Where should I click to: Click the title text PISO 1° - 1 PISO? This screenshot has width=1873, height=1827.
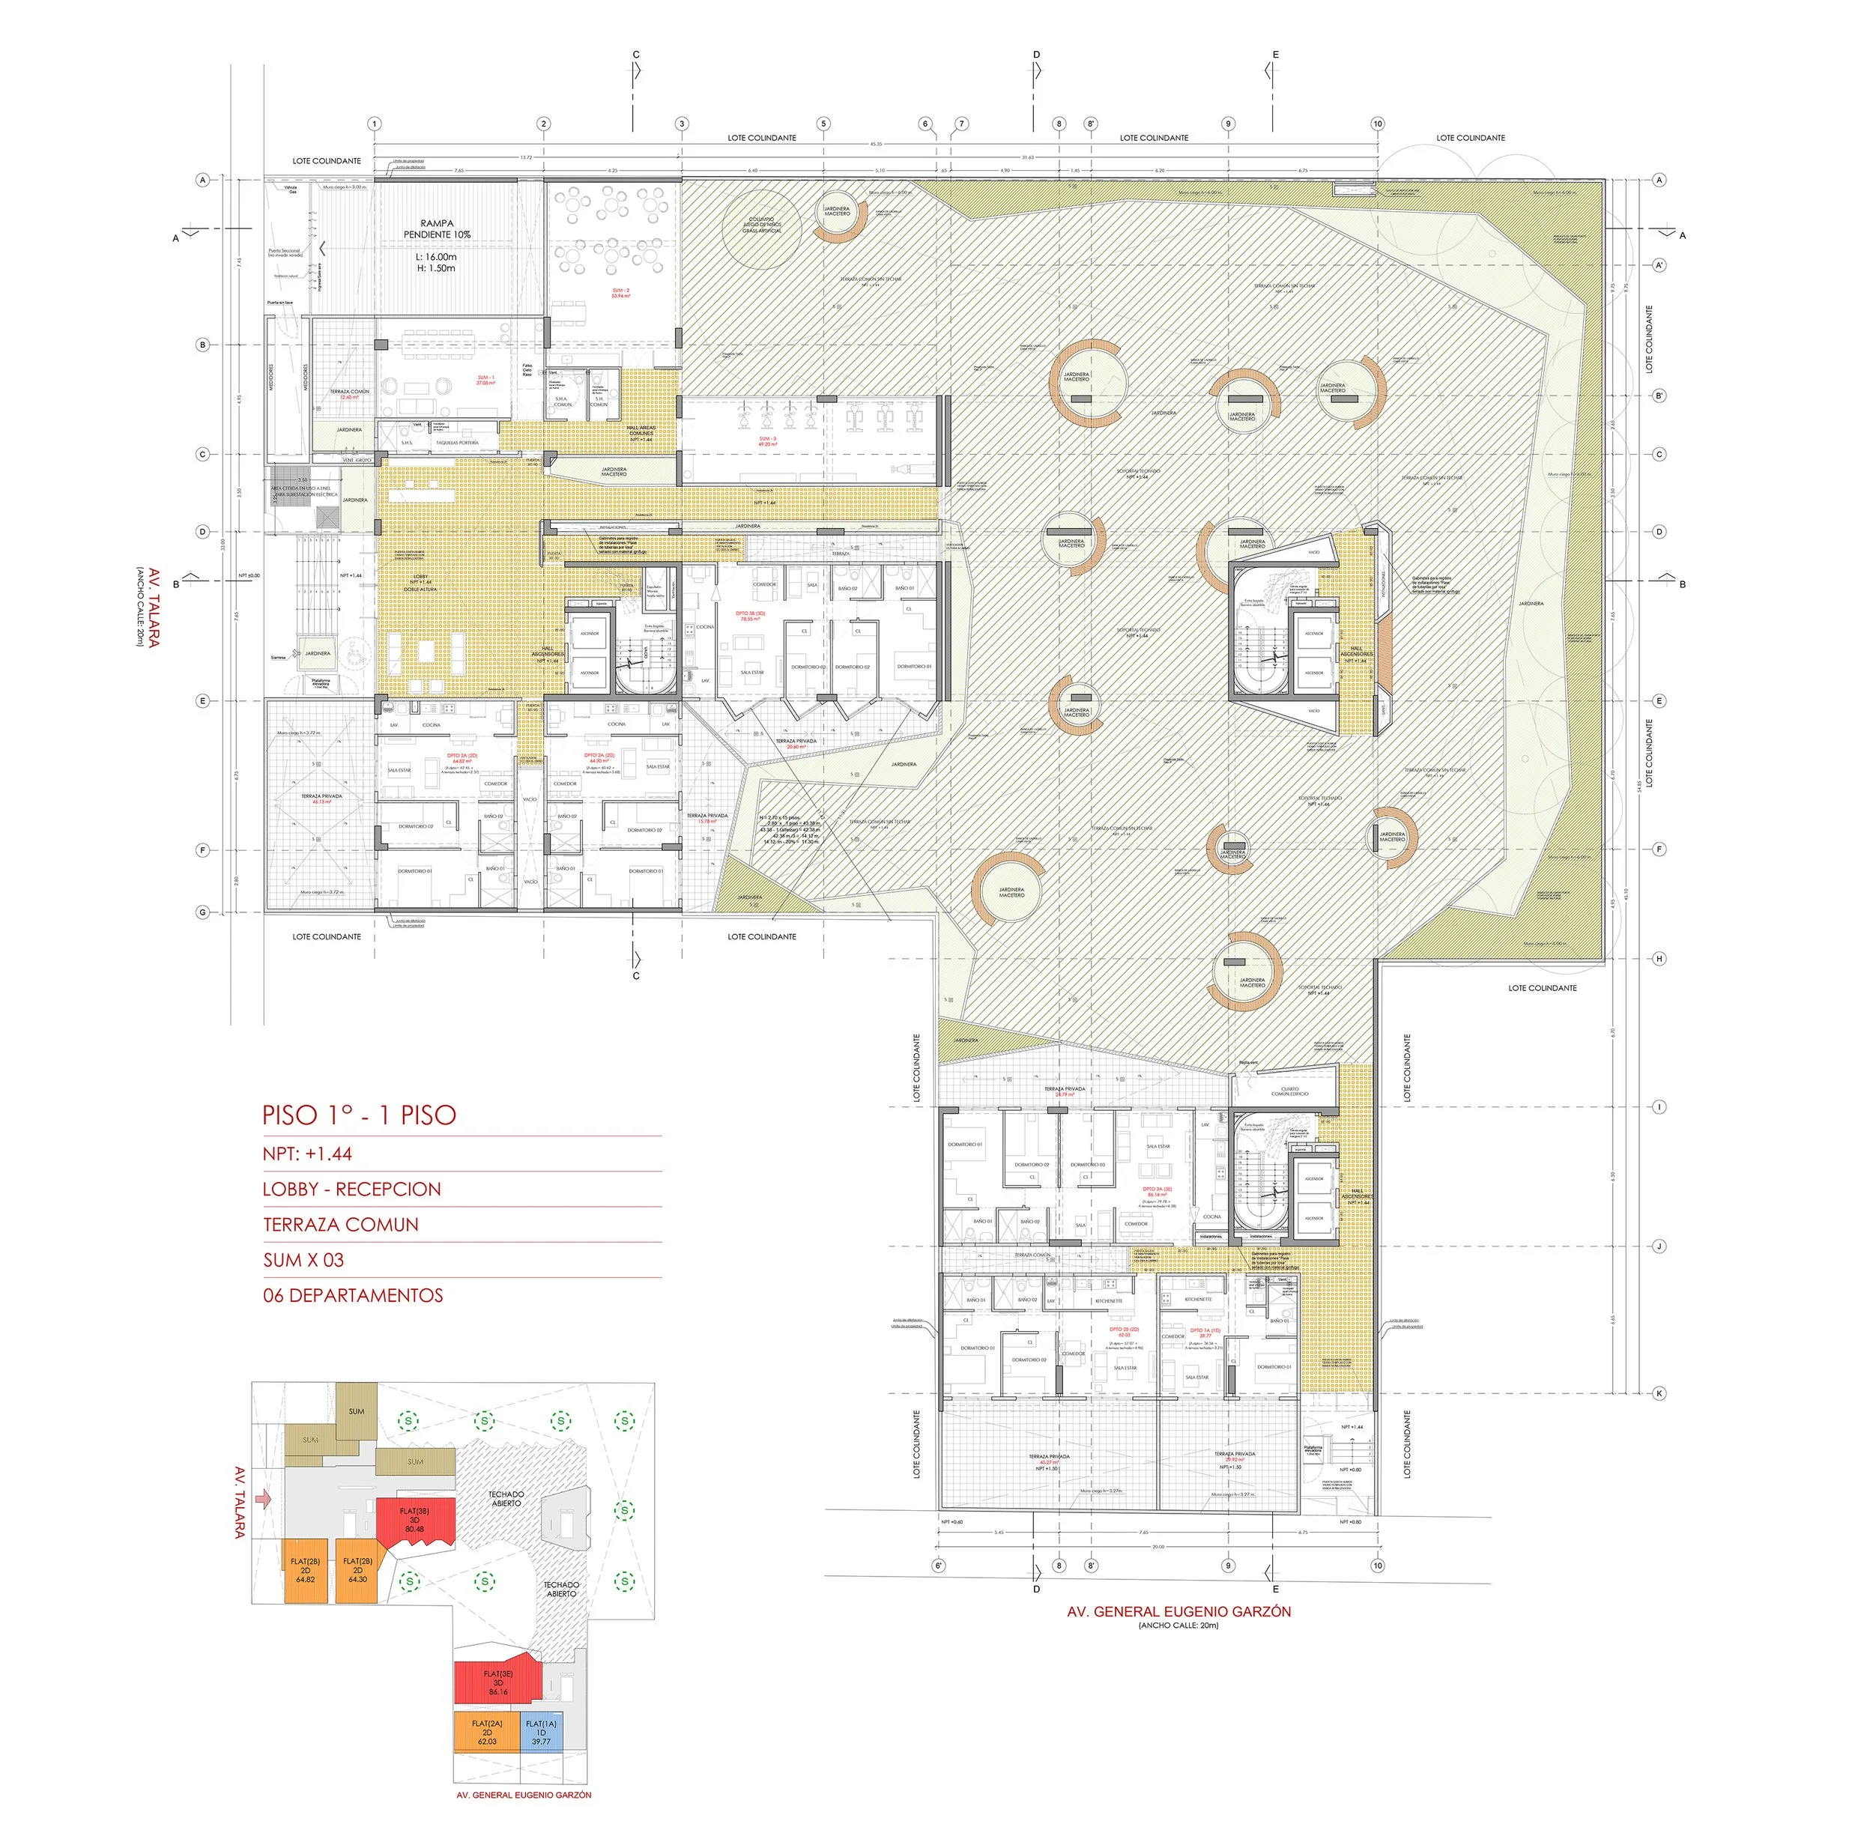pos(359,1115)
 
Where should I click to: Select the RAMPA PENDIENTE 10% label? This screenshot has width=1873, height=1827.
pos(437,228)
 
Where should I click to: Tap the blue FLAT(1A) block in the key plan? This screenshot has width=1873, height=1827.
pos(541,1732)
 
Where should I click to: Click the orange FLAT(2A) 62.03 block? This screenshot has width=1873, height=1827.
pos(486,1732)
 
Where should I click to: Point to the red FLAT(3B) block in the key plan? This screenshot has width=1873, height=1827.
pos(414,1520)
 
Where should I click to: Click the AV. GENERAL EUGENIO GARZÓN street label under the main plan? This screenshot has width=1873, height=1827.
pos(1178,1612)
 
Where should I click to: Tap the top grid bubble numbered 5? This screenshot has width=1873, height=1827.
pos(823,124)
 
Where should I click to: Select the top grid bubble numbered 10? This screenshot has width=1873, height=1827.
pos(1378,124)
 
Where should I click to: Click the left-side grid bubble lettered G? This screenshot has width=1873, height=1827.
pos(202,912)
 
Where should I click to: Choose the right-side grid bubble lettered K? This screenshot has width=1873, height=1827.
pos(1659,1393)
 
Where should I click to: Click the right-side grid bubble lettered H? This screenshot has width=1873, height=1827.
pos(1659,959)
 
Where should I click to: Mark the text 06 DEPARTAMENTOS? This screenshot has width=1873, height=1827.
pos(353,1295)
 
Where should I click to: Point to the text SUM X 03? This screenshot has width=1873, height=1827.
pos(303,1260)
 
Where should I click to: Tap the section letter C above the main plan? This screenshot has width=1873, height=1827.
pos(635,55)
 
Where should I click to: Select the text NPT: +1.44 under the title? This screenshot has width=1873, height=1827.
pos(307,1154)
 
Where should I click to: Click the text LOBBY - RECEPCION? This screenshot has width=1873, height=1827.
pos(351,1189)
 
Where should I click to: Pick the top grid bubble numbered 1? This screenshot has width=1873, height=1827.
pos(374,124)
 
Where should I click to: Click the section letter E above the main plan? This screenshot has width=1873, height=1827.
pos(1275,55)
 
